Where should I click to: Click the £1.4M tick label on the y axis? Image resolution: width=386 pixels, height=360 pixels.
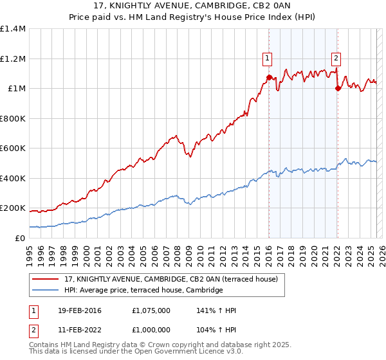13,29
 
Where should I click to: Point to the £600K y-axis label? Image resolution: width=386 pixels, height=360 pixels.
13,148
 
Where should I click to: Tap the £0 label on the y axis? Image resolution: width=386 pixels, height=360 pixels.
20,239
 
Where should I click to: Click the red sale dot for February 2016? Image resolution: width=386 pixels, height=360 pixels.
269,77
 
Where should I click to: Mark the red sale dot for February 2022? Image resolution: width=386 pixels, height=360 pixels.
337,89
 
